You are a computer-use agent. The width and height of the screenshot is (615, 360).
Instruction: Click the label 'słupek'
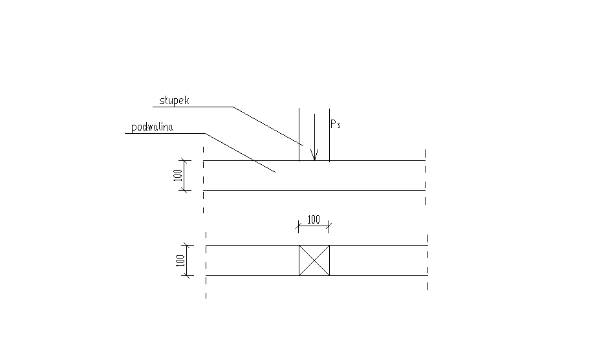(x=174, y=100)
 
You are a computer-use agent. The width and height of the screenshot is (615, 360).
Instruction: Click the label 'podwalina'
(x=152, y=127)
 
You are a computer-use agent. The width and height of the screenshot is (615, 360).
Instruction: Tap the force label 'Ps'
(x=336, y=124)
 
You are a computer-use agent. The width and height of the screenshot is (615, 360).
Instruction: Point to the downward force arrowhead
(x=314, y=154)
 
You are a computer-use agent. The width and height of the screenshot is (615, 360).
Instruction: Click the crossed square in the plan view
(x=314, y=260)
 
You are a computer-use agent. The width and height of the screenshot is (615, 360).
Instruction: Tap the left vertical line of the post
(x=299, y=134)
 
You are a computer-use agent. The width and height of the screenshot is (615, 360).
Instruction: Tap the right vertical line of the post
(x=329, y=134)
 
